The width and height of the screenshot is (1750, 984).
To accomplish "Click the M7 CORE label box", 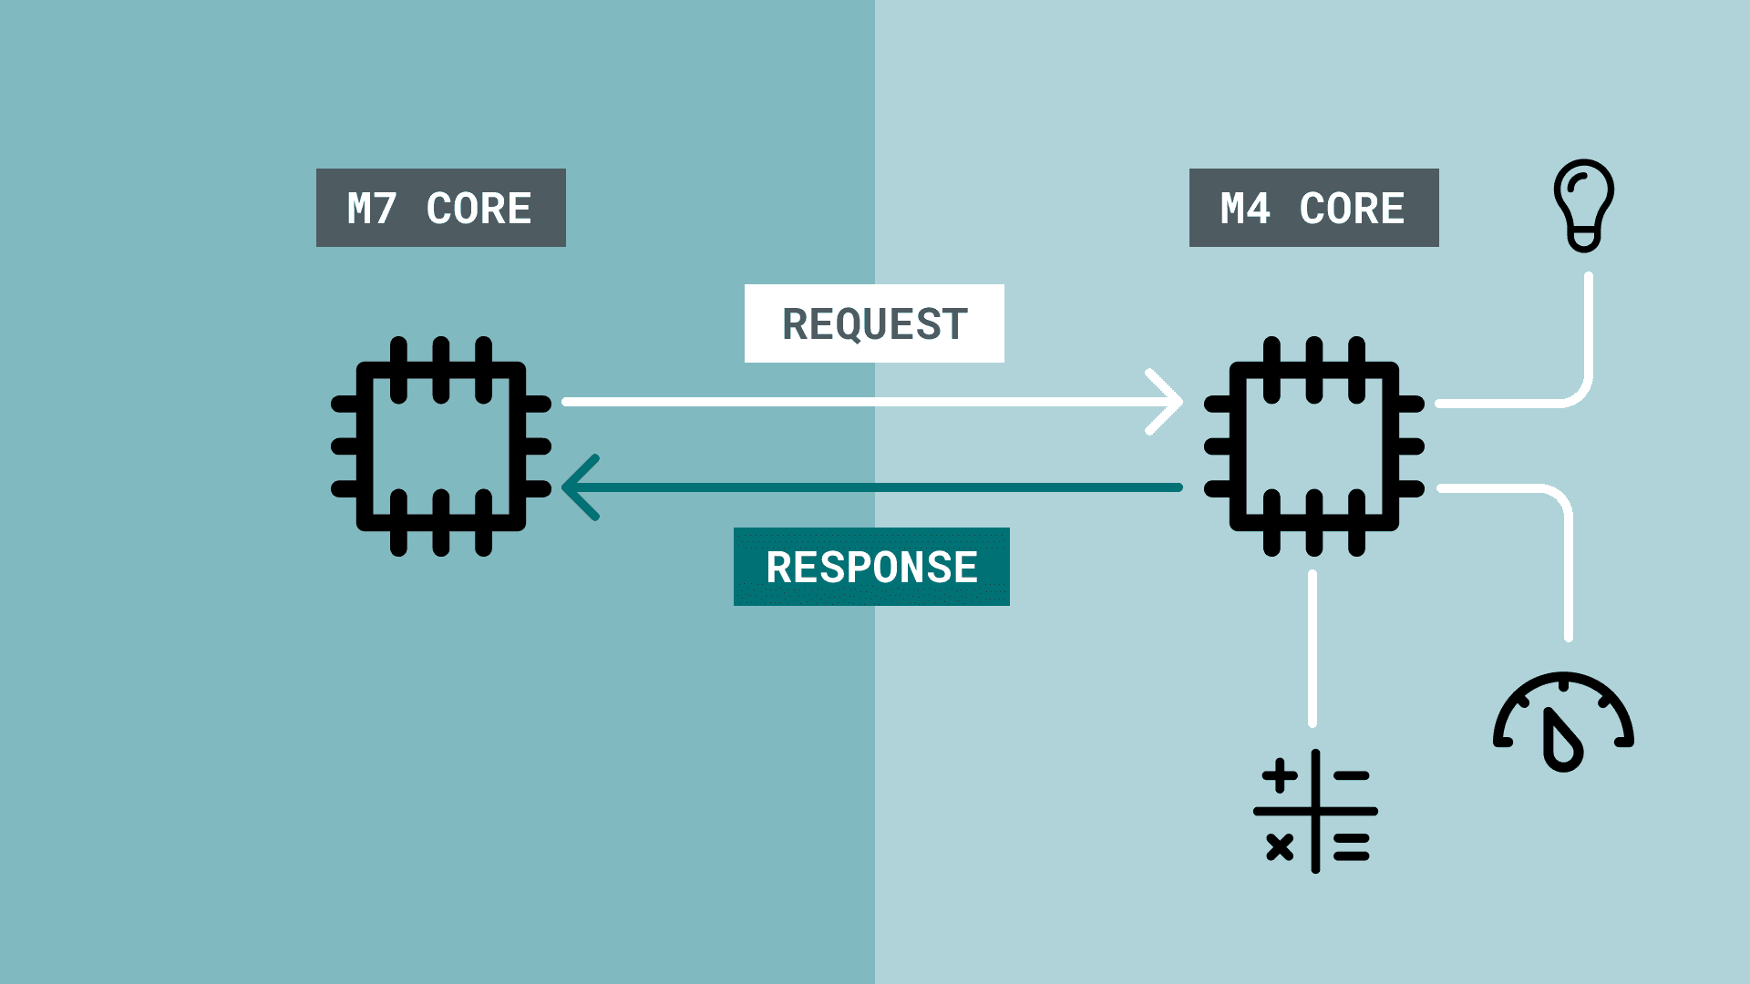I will click(440, 208).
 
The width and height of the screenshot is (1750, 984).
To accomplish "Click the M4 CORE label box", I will click(1313, 208).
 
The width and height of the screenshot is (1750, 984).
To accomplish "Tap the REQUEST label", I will click(874, 323).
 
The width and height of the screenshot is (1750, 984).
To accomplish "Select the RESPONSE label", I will click(871, 567).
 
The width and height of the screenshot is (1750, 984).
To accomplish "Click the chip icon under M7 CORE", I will click(441, 446).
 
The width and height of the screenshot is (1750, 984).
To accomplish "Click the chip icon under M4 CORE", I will click(1313, 446).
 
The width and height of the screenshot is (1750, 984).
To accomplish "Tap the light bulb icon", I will click(1584, 205).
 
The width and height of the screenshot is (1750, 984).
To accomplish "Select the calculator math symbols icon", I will click(1315, 811).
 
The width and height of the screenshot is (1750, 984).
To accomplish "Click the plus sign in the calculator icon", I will click(1280, 775).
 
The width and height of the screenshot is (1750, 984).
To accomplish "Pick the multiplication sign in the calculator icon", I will click(1280, 847).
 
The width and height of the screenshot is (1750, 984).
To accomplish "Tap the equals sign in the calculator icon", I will click(1352, 847).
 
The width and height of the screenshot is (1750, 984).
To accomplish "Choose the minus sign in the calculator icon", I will click(1352, 776).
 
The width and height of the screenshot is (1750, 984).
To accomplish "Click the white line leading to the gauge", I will click(1568, 565).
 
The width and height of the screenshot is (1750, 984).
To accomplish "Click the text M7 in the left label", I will click(372, 209).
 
